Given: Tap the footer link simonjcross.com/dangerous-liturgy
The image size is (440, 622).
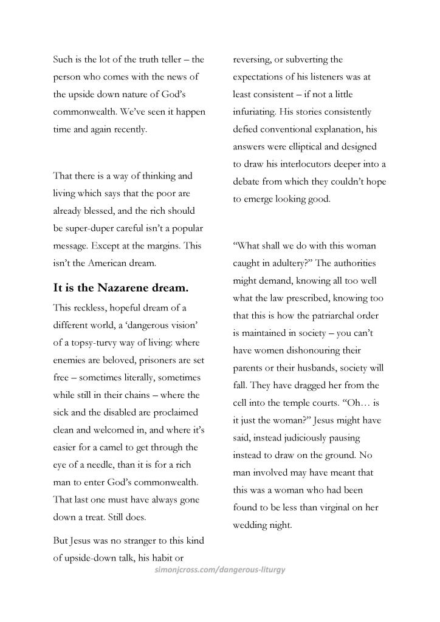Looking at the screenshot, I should (x=220, y=570).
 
